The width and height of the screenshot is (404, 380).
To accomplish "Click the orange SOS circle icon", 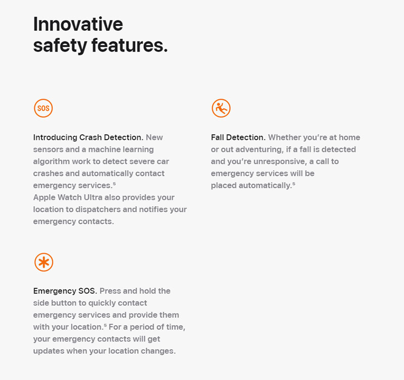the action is click(43, 108).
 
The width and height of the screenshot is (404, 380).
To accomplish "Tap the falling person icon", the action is click(221, 108).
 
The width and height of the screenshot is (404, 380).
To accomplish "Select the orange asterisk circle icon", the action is click(44, 262).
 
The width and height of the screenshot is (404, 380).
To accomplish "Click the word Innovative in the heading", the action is click(78, 24).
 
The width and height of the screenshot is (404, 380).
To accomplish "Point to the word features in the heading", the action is click(130, 45).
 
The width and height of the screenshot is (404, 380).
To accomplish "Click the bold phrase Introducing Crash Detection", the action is click(88, 137).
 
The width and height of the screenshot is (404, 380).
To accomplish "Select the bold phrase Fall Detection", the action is click(238, 137).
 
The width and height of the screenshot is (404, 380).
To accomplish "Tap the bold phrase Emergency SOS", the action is click(65, 291).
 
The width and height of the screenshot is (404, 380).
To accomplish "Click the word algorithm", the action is click(52, 162).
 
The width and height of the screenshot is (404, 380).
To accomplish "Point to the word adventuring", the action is click(259, 150).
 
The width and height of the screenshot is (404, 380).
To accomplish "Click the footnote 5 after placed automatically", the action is click(294, 183).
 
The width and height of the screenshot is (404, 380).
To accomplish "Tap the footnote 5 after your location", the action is click(105, 325).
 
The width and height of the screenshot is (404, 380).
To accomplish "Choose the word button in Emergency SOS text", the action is click(65, 303).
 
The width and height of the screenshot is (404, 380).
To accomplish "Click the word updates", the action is click(48, 351).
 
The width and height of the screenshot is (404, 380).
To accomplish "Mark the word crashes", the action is click(48, 173).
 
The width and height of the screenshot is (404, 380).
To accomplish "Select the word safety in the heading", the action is click(60, 46).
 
